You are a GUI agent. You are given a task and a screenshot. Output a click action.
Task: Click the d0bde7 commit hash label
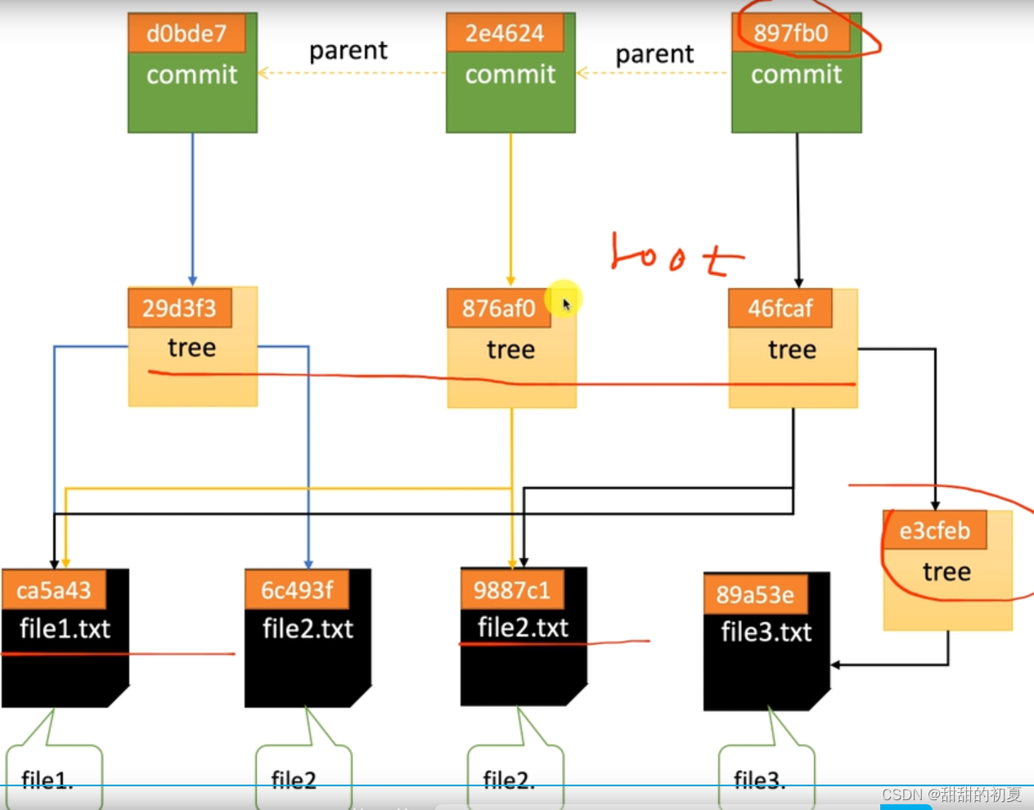pos(187,34)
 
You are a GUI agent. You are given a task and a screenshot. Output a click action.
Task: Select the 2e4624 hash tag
pos(505,34)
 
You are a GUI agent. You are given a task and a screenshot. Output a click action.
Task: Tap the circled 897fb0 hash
pos(790,34)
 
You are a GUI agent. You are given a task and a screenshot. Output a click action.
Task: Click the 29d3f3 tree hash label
pos(179,308)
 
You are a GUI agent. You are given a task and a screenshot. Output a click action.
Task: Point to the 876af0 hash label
pos(498,308)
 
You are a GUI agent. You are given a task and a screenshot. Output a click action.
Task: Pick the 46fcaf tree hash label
pos(780,308)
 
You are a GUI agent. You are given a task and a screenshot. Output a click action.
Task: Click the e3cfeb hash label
pos(934,531)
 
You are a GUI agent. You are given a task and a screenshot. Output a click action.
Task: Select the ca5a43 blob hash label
pos(54,591)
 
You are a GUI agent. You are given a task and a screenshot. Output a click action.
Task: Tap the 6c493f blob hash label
pos(297,590)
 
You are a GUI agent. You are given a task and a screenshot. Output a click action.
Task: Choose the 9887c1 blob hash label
pos(512,590)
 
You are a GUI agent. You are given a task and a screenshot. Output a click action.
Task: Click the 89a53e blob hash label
pos(755,595)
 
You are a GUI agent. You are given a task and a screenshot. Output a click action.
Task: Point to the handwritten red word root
pos(677,254)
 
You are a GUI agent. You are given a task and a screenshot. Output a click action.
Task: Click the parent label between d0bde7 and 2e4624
pos(348,52)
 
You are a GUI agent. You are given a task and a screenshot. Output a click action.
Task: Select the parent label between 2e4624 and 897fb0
pos(654,55)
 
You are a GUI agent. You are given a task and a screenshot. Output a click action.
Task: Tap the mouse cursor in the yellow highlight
pos(566,304)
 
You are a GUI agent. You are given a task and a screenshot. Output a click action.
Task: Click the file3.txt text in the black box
pos(766,632)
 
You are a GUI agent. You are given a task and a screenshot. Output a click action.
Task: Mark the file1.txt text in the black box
pos(65,628)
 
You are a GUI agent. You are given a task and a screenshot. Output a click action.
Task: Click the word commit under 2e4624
pos(510,74)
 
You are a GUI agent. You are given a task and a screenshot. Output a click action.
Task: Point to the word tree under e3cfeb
pos(946,571)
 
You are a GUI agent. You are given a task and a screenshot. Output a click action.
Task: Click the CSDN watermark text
pos(951,794)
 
